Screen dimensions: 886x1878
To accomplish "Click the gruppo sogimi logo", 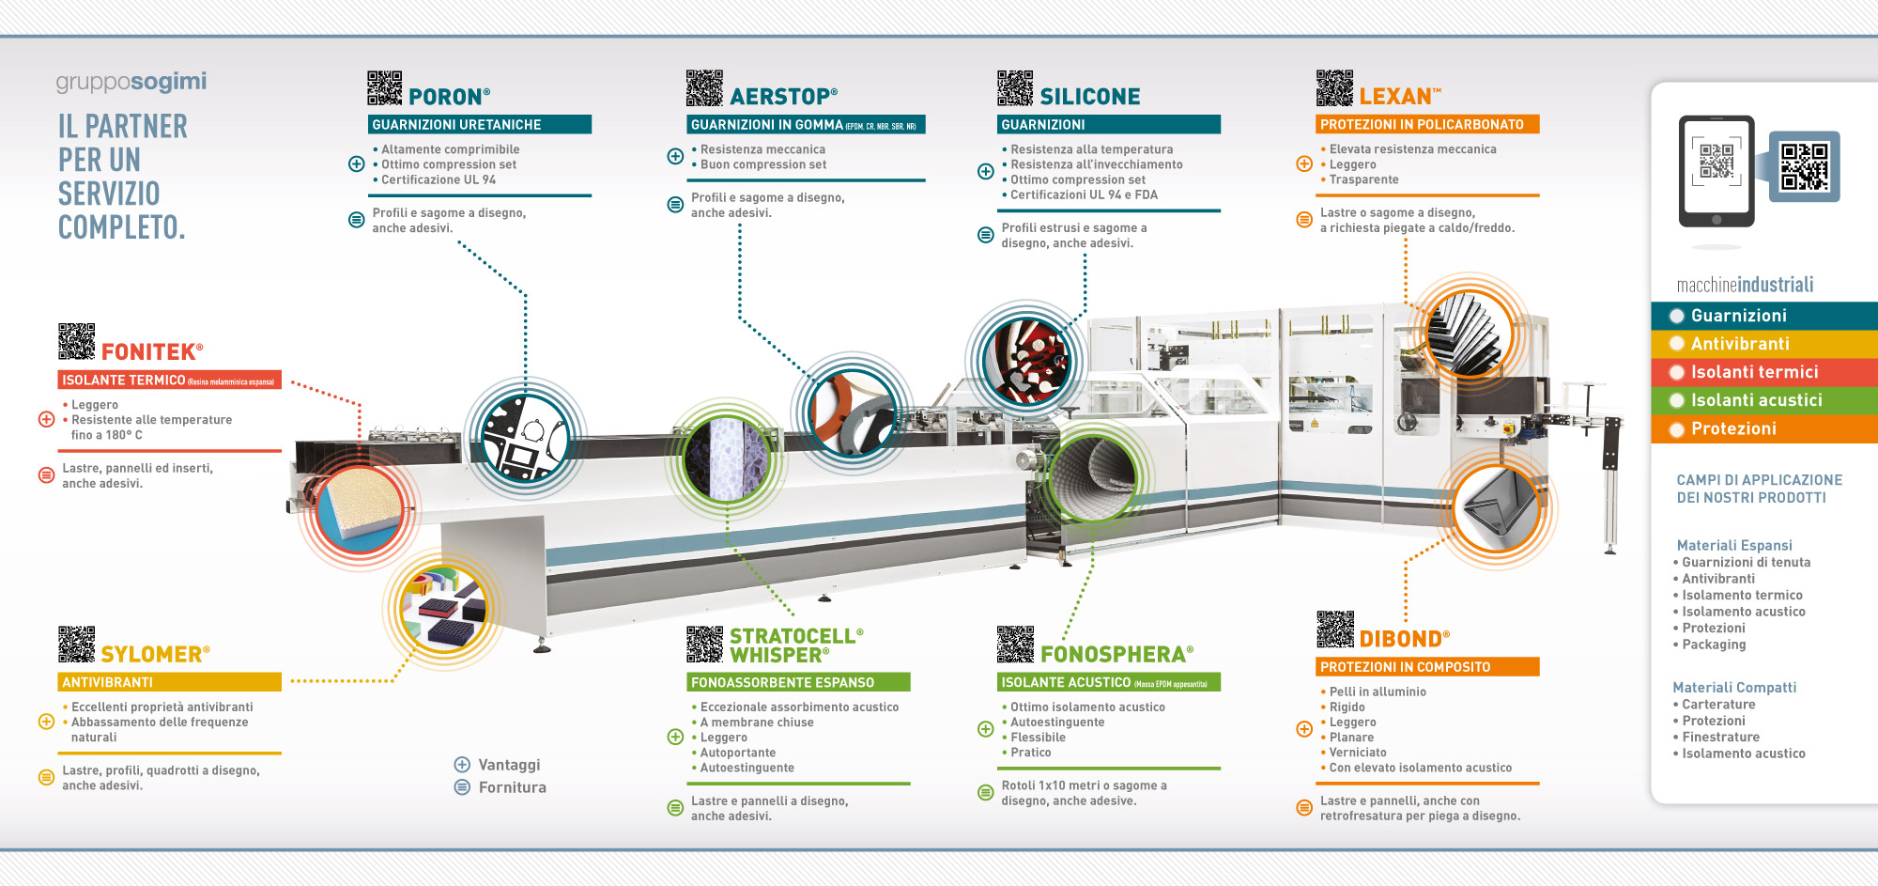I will pyautogui.click(x=131, y=83).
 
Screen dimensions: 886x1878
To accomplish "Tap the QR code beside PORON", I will pyautogui.click(x=384, y=87).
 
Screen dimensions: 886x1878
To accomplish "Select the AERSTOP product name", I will pyautogui.click(x=783, y=97).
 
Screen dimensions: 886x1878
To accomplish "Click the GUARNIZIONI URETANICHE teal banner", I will pyautogui.click(x=479, y=124).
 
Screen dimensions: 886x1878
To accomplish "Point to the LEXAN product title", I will pyautogui.click(x=1398, y=97).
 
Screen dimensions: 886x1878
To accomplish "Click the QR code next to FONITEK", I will pyautogui.click(x=77, y=342).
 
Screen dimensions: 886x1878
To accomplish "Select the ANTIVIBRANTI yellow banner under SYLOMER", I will pyautogui.click(x=169, y=682).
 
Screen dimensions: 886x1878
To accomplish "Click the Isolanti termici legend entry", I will pyautogui.click(x=1754, y=372).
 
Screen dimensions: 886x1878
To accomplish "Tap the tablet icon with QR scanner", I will pyautogui.click(x=1716, y=170).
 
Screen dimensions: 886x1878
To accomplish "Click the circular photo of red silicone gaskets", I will pyautogui.click(x=1025, y=361).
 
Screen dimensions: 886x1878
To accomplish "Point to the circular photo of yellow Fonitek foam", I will pyautogui.click(x=361, y=507).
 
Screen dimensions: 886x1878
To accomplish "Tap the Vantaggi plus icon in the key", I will pyautogui.click(x=462, y=765).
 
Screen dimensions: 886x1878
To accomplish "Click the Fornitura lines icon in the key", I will pyautogui.click(x=462, y=787).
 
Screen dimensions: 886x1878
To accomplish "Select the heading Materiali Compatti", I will pyautogui.click(x=1734, y=688).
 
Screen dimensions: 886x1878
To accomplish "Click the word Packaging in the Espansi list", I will pyautogui.click(x=1714, y=645).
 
